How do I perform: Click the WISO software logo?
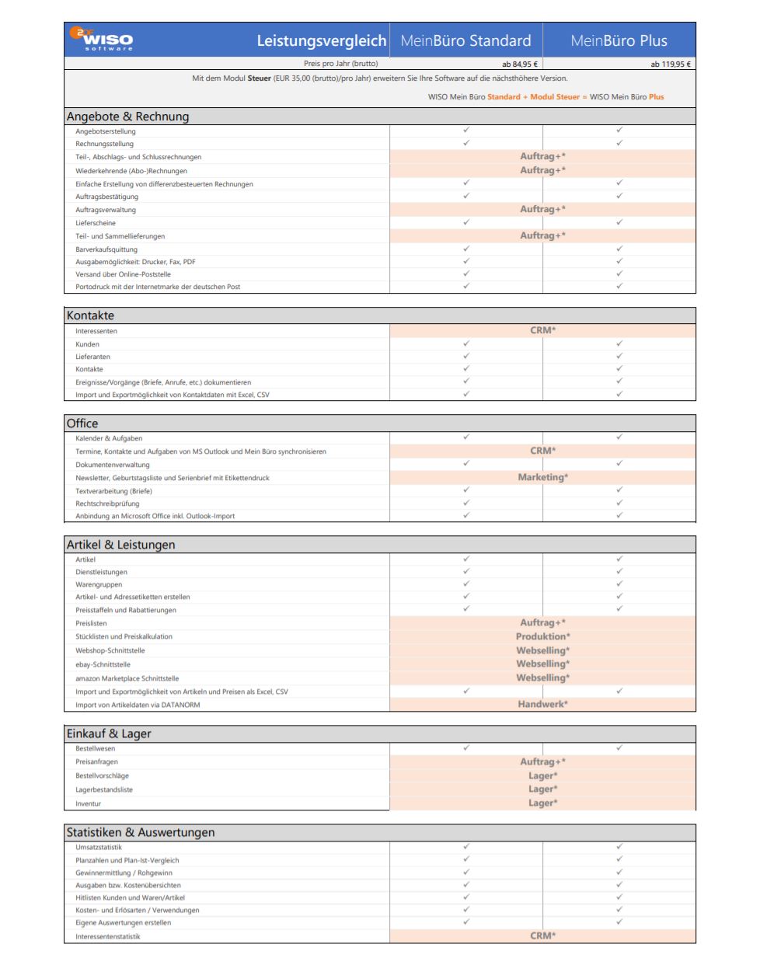tap(102, 39)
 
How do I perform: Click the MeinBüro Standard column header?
tap(465, 40)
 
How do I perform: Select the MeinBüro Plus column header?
tap(619, 40)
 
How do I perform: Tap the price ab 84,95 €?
tap(519, 64)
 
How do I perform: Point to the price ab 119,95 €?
tap(670, 64)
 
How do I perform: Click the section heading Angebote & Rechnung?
tap(127, 117)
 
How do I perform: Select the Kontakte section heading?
tap(90, 315)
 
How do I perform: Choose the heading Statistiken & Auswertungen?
tap(141, 832)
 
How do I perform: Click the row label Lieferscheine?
tap(96, 223)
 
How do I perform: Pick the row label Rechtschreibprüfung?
tap(107, 503)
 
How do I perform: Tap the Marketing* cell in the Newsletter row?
tap(542, 477)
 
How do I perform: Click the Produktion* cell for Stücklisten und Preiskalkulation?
tap(542, 636)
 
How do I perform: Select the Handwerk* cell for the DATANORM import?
tap(542, 704)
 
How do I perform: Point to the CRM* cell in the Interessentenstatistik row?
tap(542, 935)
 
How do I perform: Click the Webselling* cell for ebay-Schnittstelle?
tap(542, 664)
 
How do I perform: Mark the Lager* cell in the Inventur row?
tap(542, 803)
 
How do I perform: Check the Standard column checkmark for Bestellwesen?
tap(466, 747)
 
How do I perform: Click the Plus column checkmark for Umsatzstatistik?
tap(619, 846)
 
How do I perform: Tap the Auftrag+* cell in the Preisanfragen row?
tap(542, 761)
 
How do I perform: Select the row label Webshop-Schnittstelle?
tap(110, 650)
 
